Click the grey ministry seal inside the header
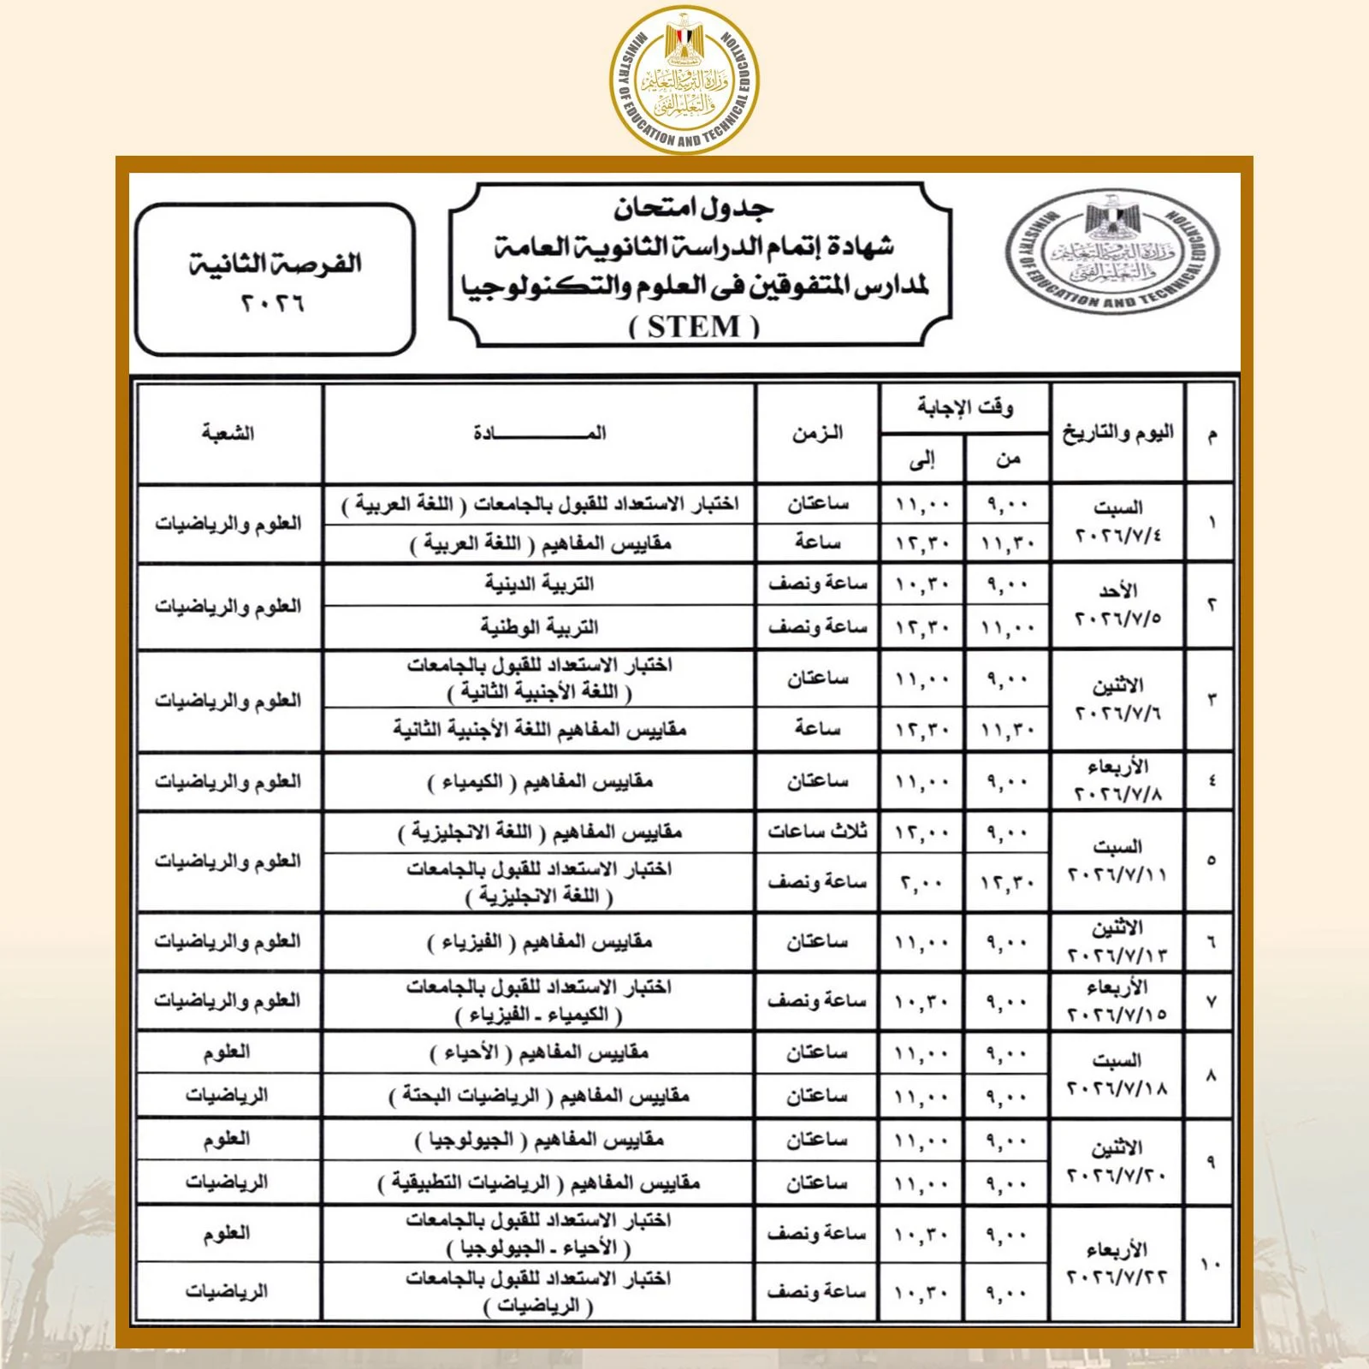coord(1112,254)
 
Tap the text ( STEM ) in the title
coord(695,327)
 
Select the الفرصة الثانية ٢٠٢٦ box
coord(276,279)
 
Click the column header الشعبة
coord(228,433)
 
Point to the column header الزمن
coord(817,433)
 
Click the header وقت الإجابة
coord(964,407)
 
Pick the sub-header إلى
coord(922,460)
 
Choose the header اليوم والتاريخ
coord(1118,433)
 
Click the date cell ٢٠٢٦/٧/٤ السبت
coord(1117,523)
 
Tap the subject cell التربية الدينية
coord(539,584)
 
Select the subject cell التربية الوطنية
coord(539,627)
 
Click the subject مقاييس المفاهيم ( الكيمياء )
coord(539,781)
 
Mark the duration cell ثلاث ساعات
coord(817,832)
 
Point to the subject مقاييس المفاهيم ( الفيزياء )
coord(539,942)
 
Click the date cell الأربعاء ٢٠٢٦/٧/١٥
coord(1117,1001)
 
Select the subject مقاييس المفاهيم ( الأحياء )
coord(539,1052)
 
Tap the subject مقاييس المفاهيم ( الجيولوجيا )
coord(539,1140)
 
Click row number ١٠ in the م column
coord(1211,1264)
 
